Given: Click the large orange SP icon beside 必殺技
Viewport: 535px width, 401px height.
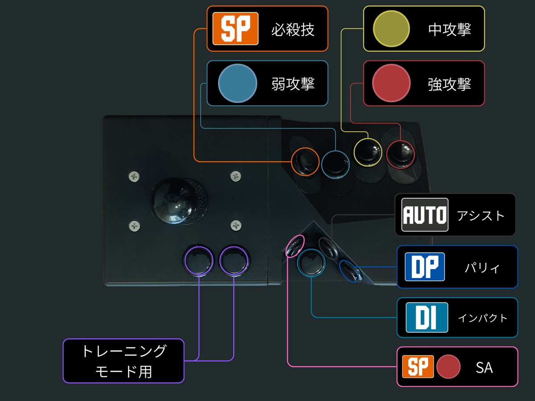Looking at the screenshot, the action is coord(235,29).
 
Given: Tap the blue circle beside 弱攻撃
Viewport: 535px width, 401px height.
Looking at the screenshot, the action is coord(238,83).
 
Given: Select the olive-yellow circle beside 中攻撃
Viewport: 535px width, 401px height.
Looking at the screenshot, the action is coord(391,29).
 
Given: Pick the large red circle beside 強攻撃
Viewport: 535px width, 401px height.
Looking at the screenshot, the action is coord(391,83).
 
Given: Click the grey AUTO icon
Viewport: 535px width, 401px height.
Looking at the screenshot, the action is coord(425,214).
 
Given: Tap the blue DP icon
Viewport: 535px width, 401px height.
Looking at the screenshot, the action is coord(425,266).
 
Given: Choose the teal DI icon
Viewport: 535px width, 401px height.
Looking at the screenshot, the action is coord(427,317).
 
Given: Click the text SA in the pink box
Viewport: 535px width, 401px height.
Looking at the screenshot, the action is coord(484,368).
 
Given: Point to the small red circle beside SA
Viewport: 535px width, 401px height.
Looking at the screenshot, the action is coord(448,366).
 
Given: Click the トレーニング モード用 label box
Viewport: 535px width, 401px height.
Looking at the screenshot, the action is coord(123,361).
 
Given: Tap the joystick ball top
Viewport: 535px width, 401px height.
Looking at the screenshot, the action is coord(176,200).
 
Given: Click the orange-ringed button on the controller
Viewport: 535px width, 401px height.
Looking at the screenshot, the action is coord(305,161).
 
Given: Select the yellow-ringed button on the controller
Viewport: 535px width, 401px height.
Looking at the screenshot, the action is coord(368,152).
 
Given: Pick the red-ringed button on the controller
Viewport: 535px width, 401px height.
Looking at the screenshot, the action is coord(400,154).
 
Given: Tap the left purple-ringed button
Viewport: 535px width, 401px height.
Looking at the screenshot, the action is coord(199,261).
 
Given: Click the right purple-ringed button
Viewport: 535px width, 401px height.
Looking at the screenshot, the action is coord(234,261).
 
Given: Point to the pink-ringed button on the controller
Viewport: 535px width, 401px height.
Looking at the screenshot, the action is coord(295,246).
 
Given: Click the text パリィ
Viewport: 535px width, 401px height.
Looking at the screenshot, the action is coord(482,268).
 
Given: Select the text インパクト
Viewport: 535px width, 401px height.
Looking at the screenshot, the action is coord(482,318).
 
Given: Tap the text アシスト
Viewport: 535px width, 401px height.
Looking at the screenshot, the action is coord(481,216).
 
